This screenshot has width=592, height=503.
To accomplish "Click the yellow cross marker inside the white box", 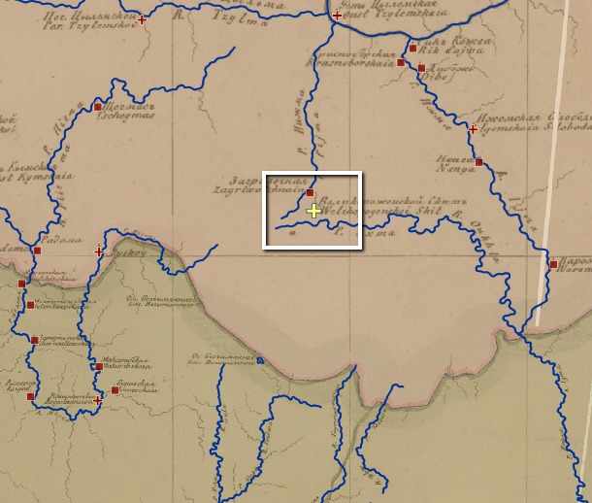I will pos(312,211).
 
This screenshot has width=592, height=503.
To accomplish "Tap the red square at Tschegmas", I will pos(98,107).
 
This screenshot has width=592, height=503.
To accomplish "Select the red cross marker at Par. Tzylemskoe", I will pos(143,19).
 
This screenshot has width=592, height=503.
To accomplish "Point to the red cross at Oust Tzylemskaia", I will pos(337,17).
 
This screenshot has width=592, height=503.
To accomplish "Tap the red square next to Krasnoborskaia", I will pos(401,62).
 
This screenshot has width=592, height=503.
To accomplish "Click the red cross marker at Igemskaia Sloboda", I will pos(473,128).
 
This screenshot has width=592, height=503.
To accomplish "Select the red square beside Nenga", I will pos(478,162).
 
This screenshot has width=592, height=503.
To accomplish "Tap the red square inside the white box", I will pos(310,193).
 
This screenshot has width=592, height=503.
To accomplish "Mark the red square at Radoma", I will pos(37,251).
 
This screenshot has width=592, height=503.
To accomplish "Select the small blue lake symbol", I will pos(260,361).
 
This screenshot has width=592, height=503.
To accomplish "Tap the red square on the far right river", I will pos(552,264).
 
